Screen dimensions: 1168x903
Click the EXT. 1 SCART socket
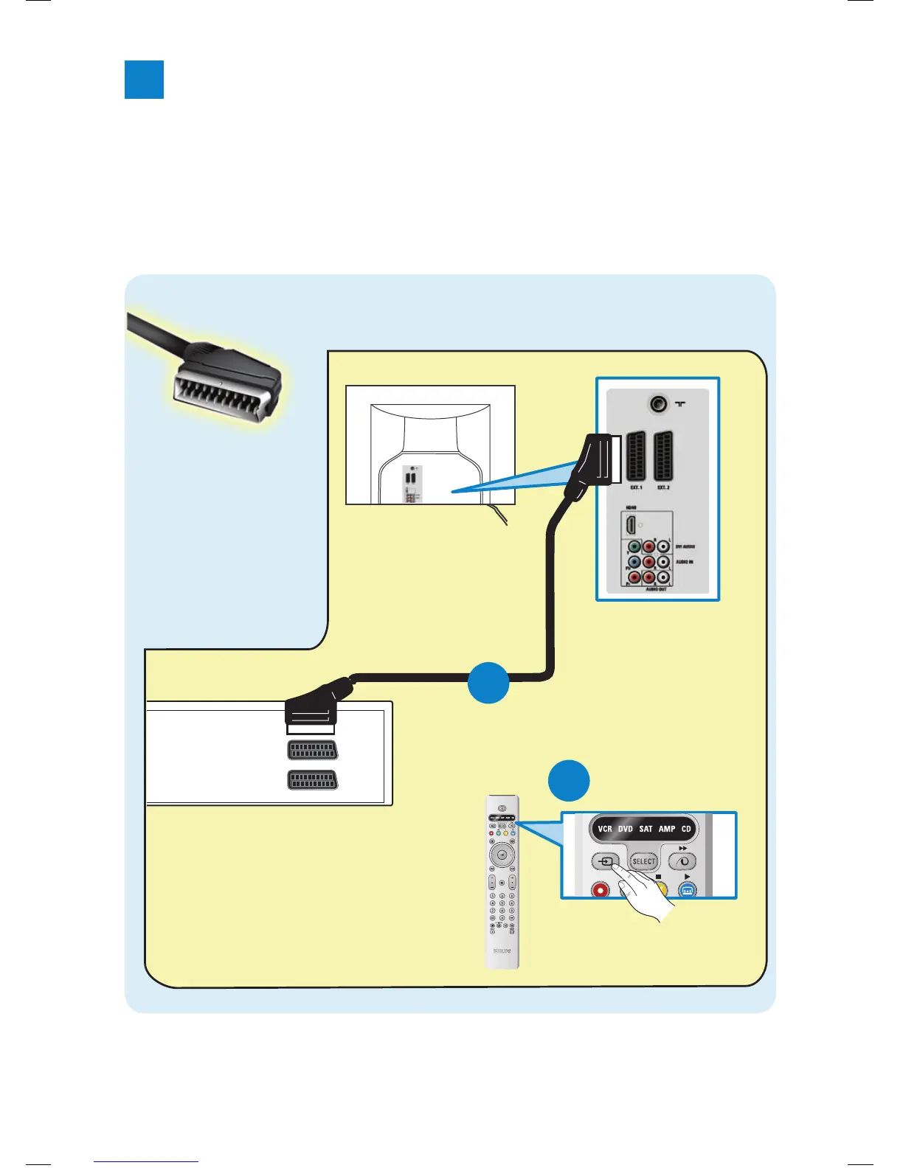[635, 456]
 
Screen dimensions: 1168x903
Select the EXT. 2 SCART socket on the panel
[663, 456]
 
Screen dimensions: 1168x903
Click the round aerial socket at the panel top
[658, 404]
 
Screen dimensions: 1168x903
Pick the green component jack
[634, 548]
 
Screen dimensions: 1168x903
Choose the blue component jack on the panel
[634, 563]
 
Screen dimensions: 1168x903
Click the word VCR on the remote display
[605, 829]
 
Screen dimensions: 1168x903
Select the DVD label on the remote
[626, 829]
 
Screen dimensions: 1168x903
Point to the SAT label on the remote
[646, 829]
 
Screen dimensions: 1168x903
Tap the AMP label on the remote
[667, 829]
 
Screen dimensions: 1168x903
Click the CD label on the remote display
[686, 829]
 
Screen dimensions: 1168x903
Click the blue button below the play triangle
[687, 890]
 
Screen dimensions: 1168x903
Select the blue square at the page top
[144, 80]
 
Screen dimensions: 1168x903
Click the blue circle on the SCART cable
[488, 682]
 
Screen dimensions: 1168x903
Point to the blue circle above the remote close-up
[569, 780]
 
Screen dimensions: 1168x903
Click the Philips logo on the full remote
[502, 951]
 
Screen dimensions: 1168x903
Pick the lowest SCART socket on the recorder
[313, 780]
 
